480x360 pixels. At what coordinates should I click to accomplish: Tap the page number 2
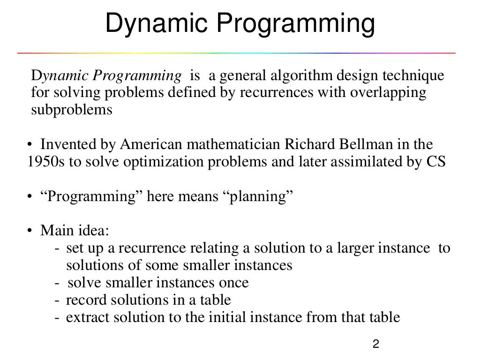tap(375, 345)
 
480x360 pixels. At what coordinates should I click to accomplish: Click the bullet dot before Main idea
tap(29, 231)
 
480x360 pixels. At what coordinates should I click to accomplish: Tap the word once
tap(232, 283)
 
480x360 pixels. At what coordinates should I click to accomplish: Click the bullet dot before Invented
tap(29, 144)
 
